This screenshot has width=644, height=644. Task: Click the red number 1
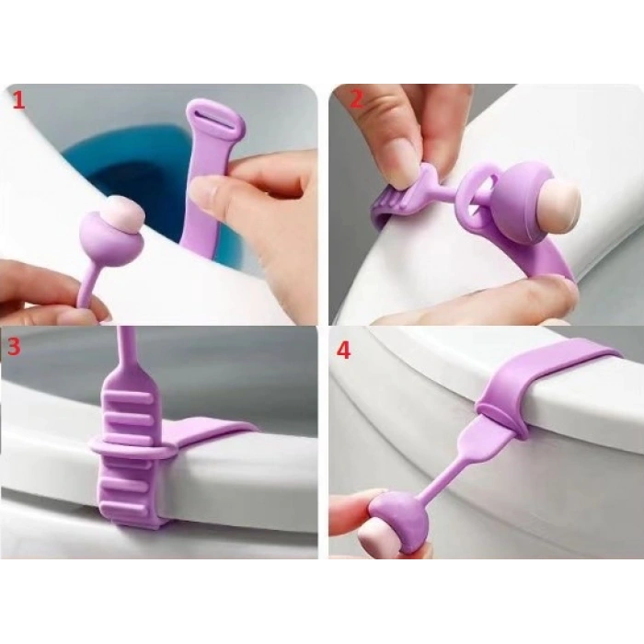click(19, 100)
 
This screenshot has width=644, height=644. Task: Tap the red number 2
click(356, 99)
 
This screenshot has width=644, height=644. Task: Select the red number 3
click(14, 346)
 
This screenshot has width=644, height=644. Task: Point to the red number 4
click(343, 351)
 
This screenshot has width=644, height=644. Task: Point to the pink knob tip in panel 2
click(561, 194)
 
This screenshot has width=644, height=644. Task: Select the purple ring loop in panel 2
click(476, 192)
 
